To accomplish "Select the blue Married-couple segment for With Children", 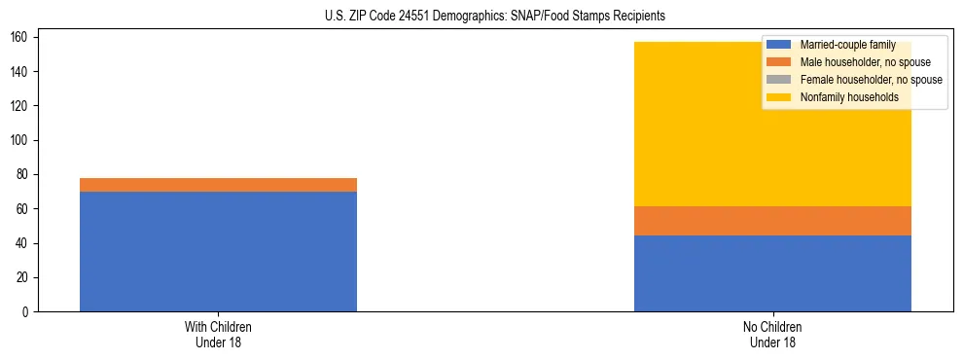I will [x=218, y=251].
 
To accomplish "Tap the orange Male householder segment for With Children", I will [x=218, y=185].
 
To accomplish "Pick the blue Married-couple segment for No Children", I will [x=772, y=273].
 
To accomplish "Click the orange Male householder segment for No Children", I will [x=772, y=221].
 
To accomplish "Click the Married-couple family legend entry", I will [x=842, y=45].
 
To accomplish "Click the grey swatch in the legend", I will [x=779, y=80].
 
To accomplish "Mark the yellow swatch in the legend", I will [x=779, y=97].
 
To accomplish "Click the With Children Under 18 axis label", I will [x=218, y=334].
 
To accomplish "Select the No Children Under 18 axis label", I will [x=772, y=334].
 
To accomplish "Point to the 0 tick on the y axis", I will [x=28, y=311].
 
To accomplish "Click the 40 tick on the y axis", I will [x=25, y=243].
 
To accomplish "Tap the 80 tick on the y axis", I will [x=25, y=174].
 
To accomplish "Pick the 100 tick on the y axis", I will [x=22, y=140].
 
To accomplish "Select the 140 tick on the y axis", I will [x=22, y=72].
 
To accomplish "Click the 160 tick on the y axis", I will [x=22, y=37].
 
